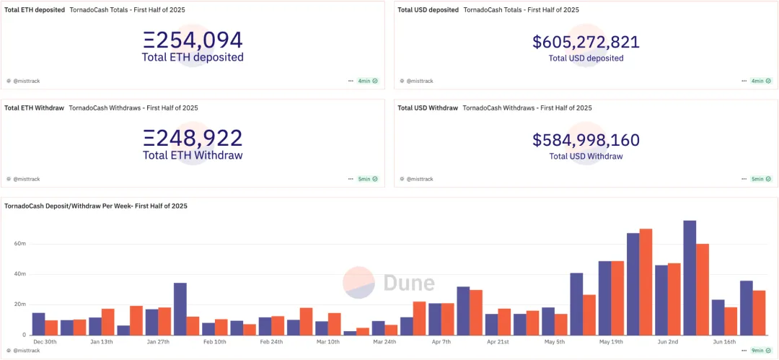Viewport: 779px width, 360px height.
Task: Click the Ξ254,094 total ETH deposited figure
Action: [x=193, y=40]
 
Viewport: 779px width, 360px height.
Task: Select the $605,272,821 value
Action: [x=586, y=42]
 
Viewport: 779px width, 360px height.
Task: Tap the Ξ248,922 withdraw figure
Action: [x=193, y=138]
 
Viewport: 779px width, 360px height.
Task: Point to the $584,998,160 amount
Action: [x=586, y=140]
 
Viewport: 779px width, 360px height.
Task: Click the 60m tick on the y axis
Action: [x=20, y=244]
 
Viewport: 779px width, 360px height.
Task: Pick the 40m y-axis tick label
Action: [x=20, y=274]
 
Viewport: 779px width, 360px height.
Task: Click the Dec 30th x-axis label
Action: [x=45, y=342]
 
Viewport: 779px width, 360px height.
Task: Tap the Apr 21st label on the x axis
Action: [x=498, y=342]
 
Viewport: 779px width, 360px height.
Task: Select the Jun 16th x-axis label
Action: [x=725, y=342]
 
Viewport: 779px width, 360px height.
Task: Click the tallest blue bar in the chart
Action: [x=690, y=278]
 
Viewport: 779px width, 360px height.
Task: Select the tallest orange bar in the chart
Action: [x=646, y=281]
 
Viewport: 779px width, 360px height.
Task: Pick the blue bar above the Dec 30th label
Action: [x=38, y=324]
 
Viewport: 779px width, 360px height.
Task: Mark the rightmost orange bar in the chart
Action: [x=760, y=312]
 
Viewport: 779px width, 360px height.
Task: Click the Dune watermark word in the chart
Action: [x=408, y=283]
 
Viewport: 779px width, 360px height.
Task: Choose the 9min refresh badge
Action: [x=761, y=351]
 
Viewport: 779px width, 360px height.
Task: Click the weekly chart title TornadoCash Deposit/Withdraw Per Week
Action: [x=96, y=206]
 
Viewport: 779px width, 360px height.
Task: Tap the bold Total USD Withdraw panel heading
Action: [x=428, y=108]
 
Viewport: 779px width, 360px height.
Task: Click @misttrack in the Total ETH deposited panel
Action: [x=26, y=81]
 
